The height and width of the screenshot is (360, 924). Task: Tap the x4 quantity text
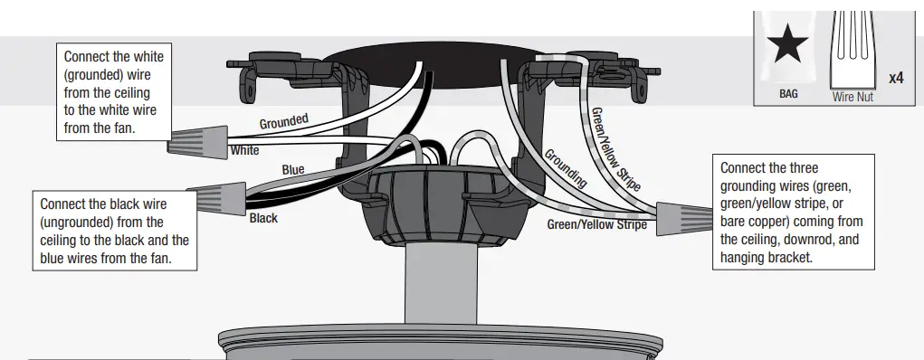coord(896,79)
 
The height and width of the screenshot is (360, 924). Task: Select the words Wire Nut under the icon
coord(853,97)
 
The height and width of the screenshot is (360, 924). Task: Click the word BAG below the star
coord(788,93)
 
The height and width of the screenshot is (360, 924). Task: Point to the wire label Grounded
coord(284,121)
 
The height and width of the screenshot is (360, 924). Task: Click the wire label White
coord(244,150)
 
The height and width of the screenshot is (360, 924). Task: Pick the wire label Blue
coord(293,169)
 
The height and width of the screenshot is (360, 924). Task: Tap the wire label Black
coord(263,218)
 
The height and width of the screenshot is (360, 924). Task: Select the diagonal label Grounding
coord(565,168)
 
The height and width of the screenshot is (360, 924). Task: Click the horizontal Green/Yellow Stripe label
coord(596,224)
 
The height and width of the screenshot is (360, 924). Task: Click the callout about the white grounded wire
coord(113,92)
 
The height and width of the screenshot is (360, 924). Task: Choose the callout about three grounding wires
coord(793,212)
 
